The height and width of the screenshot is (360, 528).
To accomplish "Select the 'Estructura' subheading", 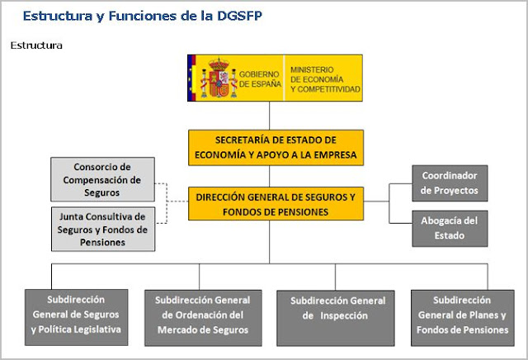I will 36,45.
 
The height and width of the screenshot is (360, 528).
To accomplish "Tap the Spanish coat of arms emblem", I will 219,78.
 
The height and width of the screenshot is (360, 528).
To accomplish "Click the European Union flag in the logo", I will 193,78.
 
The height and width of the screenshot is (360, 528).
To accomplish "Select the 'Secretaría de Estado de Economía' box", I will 276,146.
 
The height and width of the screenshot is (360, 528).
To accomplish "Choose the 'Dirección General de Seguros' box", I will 276,204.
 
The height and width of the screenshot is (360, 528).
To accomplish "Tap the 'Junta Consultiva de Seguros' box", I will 103,230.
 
